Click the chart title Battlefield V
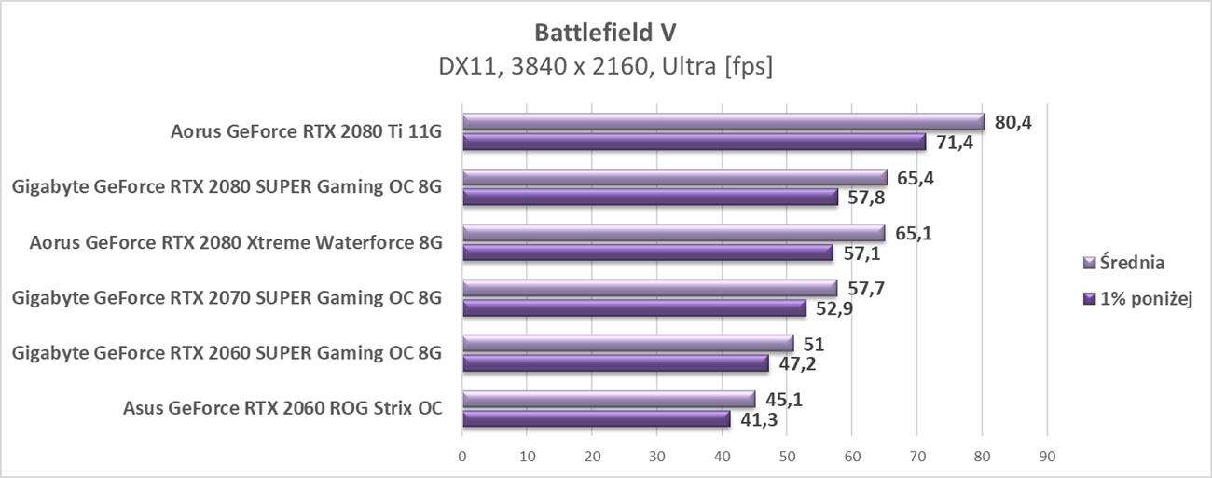[605, 33]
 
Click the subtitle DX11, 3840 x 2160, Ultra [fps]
[605, 67]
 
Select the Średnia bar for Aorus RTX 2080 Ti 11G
[723, 122]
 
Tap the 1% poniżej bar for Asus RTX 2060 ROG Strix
[596, 420]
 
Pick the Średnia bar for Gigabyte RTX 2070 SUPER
[649, 288]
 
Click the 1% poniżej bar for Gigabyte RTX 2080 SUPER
[650, 198]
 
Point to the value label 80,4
[1012, 121]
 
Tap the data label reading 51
[812, 344]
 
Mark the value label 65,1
[913, 233]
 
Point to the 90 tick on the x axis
[1046, 457]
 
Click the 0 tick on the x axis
[462, 457]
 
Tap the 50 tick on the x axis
[787, 457]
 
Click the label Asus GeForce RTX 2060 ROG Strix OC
[282, 408]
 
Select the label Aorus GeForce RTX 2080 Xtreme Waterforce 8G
[236, 243]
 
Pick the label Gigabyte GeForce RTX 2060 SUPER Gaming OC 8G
[227, 353]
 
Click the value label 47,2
[797, 363]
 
